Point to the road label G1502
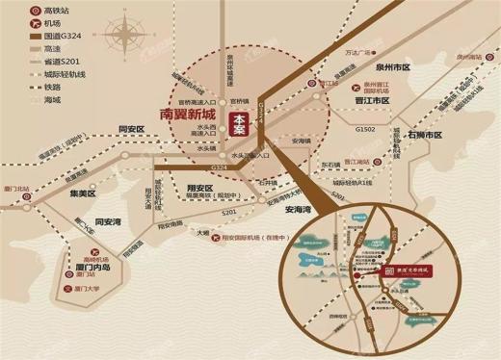(x=365, y=128)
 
